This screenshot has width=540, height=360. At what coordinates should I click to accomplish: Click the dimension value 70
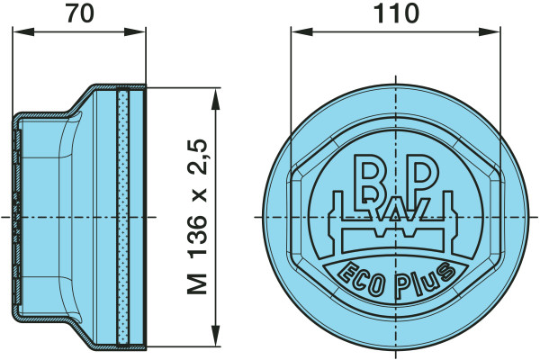tap(80, 13)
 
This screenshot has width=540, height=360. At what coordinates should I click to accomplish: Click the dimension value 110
tap(396, 13)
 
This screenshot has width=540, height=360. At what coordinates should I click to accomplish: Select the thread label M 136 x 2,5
tap(198, 217)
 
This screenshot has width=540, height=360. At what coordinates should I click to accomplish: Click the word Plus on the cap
tap(425, 280)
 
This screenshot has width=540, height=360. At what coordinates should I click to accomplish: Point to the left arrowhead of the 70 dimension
tap(23, 32)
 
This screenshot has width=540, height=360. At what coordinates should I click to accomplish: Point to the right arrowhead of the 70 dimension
tap(135, 32)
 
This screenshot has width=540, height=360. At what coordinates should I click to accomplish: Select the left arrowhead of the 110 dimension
tap(302, 32)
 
